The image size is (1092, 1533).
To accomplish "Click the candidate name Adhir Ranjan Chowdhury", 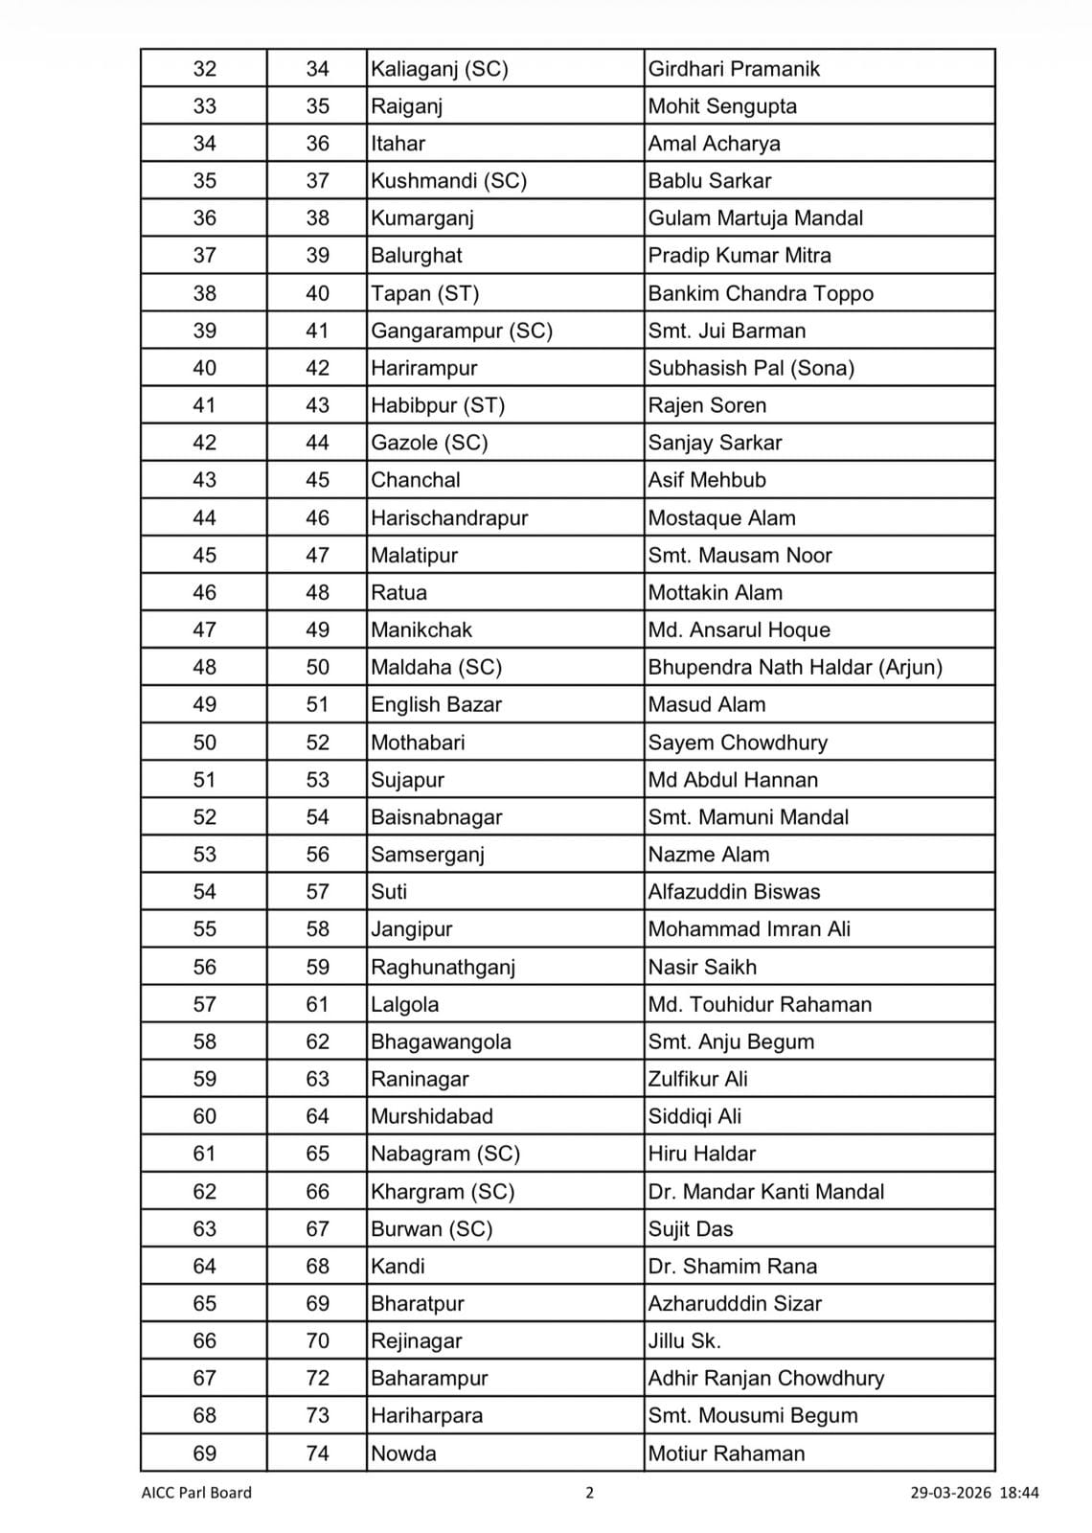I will tap(765, 1378).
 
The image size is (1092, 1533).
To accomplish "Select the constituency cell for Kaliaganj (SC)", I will tap(440, 69).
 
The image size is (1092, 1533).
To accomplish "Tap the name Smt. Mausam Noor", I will tap(739, 555).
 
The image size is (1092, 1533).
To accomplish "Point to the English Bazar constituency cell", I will tap(437, 704).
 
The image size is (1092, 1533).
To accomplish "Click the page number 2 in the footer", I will tap(589, 1492).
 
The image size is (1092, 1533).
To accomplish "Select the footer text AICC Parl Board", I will tap(196, 1492).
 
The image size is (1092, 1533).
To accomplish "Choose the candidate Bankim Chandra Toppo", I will tap(761, 293).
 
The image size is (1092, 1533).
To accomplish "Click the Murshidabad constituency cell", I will tap(432, 1116).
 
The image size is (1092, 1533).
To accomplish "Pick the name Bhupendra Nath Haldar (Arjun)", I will tap(795, 667).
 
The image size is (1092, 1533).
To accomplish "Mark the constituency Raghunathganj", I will tap(444, 967).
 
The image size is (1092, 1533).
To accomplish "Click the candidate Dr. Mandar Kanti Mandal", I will tap(765, 1191).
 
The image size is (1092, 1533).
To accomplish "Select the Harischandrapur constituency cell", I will tap(449, 518).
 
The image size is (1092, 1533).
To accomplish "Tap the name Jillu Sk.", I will tap(684, 1340).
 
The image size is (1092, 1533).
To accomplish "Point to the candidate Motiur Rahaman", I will tap(726, 1453).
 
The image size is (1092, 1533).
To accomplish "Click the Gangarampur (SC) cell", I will tap(462, 331).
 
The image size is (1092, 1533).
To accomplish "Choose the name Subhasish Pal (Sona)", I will tap(751, 368).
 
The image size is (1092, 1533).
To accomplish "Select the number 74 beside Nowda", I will tap(317, 1453).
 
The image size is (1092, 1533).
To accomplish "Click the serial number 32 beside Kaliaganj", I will tap(204, 69).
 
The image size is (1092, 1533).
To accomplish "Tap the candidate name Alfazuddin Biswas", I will tap(734, 892).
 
